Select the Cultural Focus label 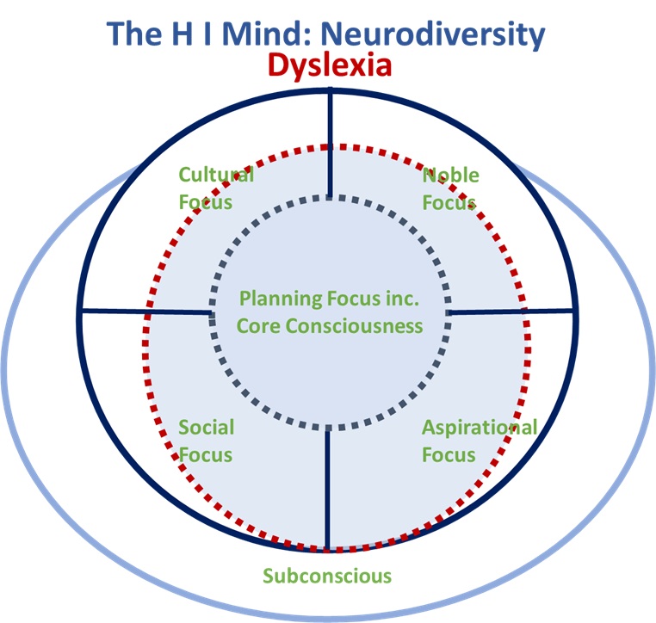215,188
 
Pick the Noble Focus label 450,188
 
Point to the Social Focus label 206,441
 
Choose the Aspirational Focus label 479,441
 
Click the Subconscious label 327,576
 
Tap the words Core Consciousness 330,326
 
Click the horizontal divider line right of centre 511,311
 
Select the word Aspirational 479,428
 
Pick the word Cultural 216,176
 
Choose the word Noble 450,176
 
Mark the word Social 206,428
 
